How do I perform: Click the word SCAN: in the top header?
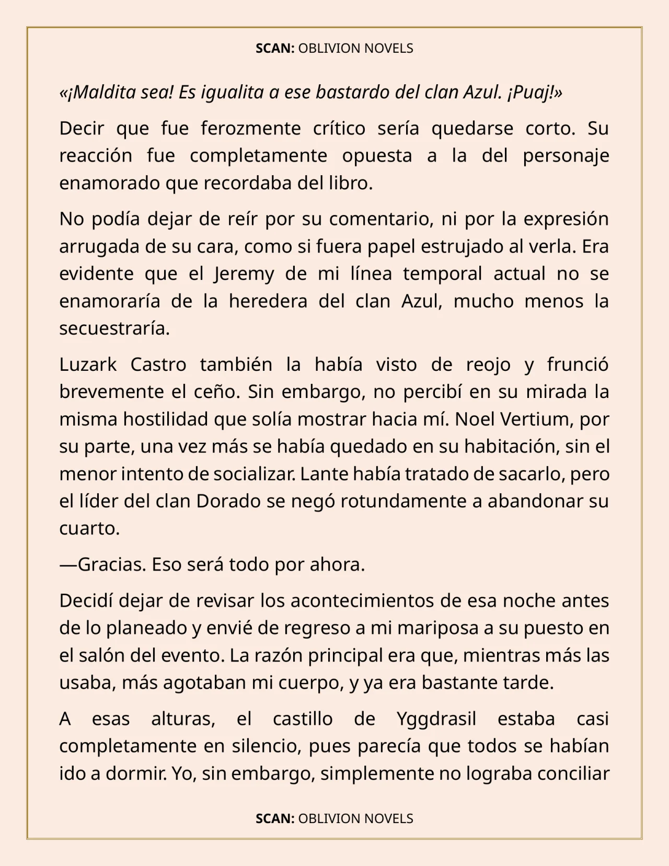[x=275, y=49]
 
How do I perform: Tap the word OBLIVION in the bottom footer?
[x=329, y=819]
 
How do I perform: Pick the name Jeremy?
[x=244, y=274]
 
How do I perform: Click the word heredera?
[x=268, y=302]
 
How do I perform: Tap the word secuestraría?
[x=114, y=329]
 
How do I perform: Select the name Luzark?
[x=88, y=364]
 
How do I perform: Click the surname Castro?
[x=158, y=364]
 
